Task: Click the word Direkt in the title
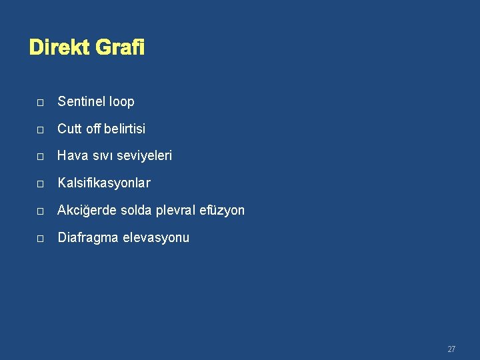60,48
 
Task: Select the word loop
122,102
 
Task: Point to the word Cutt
69,128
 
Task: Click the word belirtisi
121,128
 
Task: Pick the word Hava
71,155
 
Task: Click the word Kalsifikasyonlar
104,183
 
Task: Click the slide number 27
451,349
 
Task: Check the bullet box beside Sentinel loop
40,103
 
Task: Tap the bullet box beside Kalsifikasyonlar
40,183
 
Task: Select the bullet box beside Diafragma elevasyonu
40,239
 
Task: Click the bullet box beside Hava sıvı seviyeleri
40,157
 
